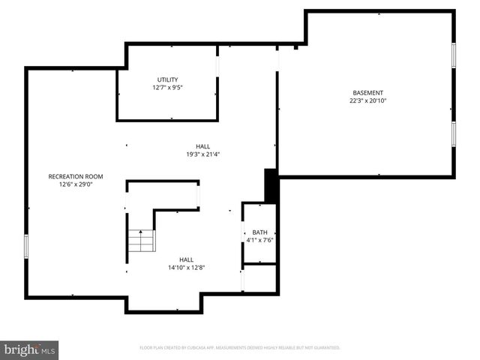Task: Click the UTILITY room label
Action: (167, 79)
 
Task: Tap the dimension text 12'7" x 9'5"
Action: (167, 87)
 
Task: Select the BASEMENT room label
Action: (367, 93)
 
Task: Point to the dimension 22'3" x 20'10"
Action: (367, 100)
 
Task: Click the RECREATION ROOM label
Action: (76, 176)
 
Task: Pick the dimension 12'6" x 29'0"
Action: (76, 184)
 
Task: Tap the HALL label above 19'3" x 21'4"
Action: (203, 146)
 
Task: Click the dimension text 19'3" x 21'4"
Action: (203, 154)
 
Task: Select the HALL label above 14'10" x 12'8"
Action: (186, 259)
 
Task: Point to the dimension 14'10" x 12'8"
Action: (186, 267)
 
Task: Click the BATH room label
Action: (259, 232)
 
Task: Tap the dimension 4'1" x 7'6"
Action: (259, 240)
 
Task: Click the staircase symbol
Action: (140, 241)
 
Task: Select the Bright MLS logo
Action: (30, 349)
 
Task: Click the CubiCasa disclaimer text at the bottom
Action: (240, 348)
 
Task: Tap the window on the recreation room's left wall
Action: (26, 246)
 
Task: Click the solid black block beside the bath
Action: (271, 186)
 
